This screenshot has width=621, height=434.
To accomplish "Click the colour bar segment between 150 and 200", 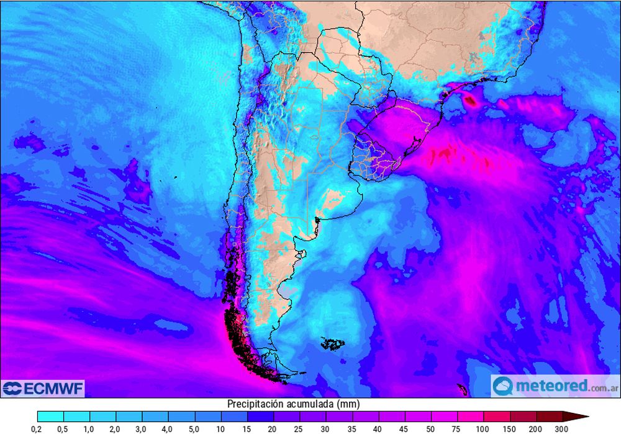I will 524,416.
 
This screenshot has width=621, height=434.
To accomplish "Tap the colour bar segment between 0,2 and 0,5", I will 50,416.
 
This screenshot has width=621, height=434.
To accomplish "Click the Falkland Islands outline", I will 334,343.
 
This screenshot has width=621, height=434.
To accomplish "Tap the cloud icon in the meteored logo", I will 504,386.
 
